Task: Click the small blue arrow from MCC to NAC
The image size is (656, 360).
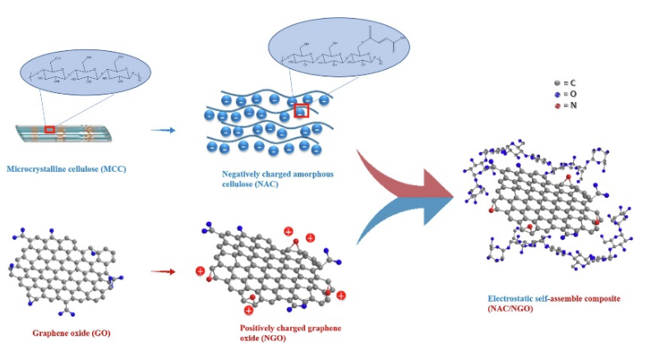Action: (164, 130)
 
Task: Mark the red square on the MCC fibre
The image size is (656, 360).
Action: (51, 129)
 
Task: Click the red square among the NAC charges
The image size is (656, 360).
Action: (302, 111)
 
